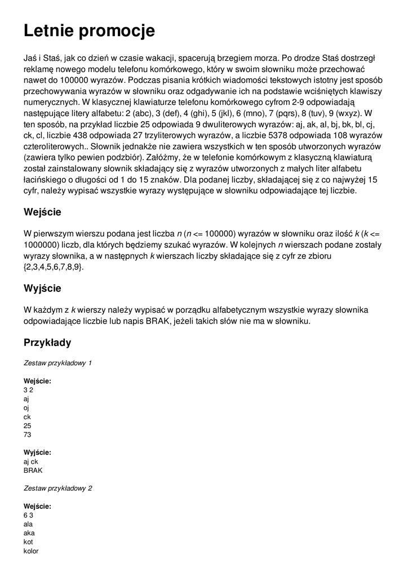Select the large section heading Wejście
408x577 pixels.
click(42, 212)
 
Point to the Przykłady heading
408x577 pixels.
click(47, 342)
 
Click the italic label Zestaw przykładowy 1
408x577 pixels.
click(57, 363)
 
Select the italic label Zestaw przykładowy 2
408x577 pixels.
click(57, 488)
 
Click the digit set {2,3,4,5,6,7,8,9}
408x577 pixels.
click(54, 267)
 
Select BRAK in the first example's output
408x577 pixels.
click(33, 470)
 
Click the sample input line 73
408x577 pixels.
click(28, 434)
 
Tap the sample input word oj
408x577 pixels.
click(26, 407)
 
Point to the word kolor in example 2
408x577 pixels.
click(31, 551)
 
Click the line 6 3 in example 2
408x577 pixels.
click(28, 515)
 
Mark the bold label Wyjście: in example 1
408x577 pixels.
click(38, 452)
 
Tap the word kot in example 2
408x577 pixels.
click(28, 542)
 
